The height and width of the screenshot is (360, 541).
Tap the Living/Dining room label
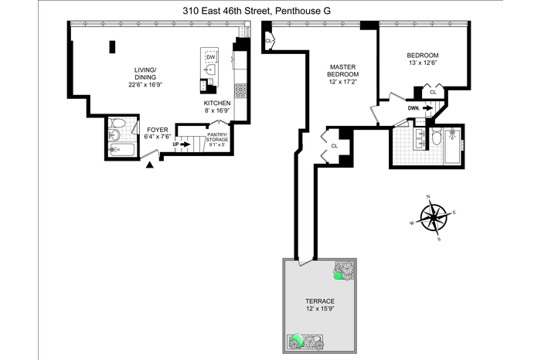[145, 74]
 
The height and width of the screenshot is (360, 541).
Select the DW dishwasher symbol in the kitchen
[210, 57]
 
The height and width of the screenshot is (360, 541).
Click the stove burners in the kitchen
[240, 90]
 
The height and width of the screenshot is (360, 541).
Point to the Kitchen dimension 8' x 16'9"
[217, 110]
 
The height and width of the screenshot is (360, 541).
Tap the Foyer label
[158, 130]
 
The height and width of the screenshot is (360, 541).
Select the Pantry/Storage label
[217, 137]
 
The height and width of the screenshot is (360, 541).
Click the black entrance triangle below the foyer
[149, 165]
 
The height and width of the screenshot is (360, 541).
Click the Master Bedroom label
[342, 71]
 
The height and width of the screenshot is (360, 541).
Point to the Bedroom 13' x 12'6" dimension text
[423, 63]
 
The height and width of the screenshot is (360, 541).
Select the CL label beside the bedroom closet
[433, 93]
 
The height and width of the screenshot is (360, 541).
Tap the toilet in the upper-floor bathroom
[437, 137]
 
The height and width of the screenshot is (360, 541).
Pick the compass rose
[433, 218]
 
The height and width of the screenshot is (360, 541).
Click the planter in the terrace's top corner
[344, 271]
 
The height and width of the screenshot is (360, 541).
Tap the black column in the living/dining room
[113, 47]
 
